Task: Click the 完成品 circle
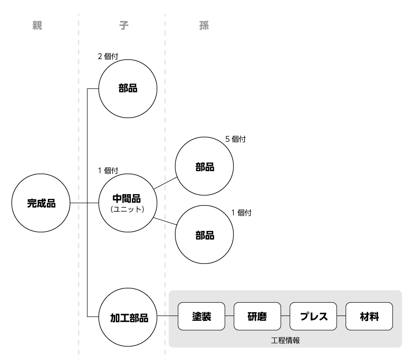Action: click(41, 203)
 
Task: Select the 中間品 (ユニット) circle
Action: click(127, 203)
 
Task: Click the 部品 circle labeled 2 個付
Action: click(127, 88)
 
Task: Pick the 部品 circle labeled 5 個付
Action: click(205, 167)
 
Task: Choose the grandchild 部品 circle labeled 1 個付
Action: click(205, 235)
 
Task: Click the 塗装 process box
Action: click(201, 316)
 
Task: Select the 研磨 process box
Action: click(257, 316)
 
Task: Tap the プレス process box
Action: click(313, 316)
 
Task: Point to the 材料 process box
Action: click(369, 316)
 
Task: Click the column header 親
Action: click(37, 26)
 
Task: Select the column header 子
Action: click(124, 26)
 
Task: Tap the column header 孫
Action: click(204, 26)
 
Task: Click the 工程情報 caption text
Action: click(285, 340)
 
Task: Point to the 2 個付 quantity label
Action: click(108, 56)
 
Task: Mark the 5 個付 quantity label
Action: click(236, 140)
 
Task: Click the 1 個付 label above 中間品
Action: click(108, 170)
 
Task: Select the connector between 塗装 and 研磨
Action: click(229, 316)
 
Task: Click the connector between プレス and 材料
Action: click(341, 316)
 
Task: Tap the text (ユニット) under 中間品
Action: click(127, 209)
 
